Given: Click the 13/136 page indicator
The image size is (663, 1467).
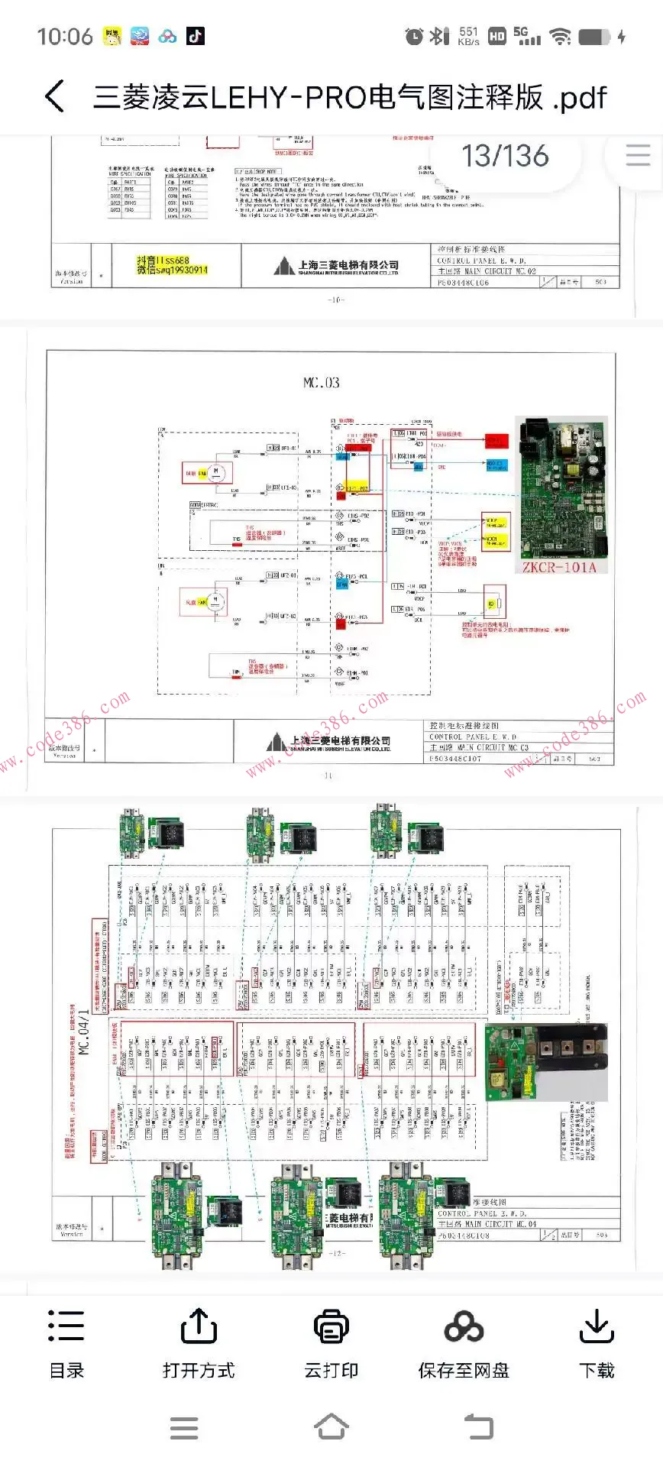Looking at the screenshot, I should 505,156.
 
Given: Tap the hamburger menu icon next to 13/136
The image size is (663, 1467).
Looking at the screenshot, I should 638,156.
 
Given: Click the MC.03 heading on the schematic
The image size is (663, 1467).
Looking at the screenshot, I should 322,383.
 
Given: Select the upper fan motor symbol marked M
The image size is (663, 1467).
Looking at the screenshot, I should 215,472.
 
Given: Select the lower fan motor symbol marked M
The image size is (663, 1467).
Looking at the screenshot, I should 215,601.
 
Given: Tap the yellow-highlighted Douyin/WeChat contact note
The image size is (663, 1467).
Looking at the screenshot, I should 172,265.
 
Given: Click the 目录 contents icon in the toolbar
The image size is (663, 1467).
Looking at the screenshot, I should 66,1326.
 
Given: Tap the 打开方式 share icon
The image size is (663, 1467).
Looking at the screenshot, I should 199,1326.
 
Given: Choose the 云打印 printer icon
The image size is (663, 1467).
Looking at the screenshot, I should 331,1326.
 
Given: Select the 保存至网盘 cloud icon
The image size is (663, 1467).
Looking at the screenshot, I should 464,1326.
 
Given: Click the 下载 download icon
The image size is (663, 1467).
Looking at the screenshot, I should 597,1326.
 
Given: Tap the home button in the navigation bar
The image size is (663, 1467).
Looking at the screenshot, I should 331,1427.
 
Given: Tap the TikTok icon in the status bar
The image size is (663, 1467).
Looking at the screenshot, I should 196,36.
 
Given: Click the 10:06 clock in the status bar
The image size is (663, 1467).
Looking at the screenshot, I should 65,36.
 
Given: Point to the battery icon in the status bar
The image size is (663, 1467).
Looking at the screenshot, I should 595,37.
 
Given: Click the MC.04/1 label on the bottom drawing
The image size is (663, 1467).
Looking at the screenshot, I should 83,1032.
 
